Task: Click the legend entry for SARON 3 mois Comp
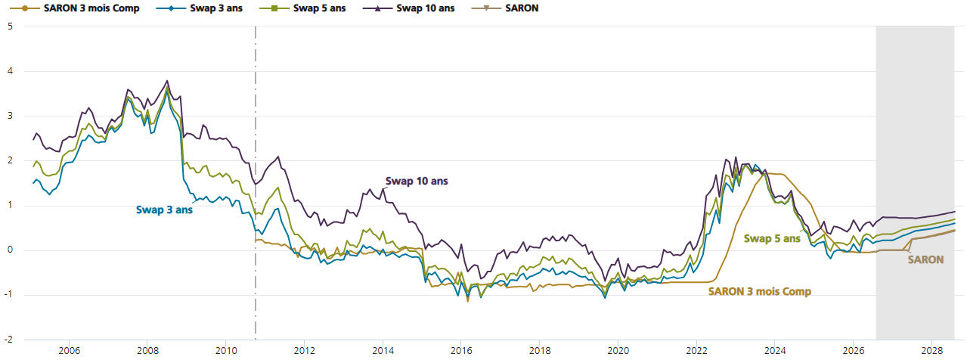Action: (74, 8)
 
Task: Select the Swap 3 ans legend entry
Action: (200, 8)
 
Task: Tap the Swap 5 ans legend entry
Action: (302, 8)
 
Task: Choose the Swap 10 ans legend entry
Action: (409, 8)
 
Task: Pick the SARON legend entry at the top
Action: (505, 8)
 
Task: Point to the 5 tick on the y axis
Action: (10, 26)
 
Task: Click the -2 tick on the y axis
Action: (8, 340)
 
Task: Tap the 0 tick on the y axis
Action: (10, 250)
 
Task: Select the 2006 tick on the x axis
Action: (69, 350)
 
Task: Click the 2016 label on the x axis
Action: (461, 350)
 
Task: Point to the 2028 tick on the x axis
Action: (931, 350)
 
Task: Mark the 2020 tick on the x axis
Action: (618, 350)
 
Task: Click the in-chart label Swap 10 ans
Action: (417, 181)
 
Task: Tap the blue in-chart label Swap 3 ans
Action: (165, 209)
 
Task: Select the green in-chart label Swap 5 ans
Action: (772, 239)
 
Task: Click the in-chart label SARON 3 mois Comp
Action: (760, 291)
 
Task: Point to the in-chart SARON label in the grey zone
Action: (925, 259)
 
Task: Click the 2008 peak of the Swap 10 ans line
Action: (167, 81)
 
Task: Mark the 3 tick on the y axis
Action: (10, 116)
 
